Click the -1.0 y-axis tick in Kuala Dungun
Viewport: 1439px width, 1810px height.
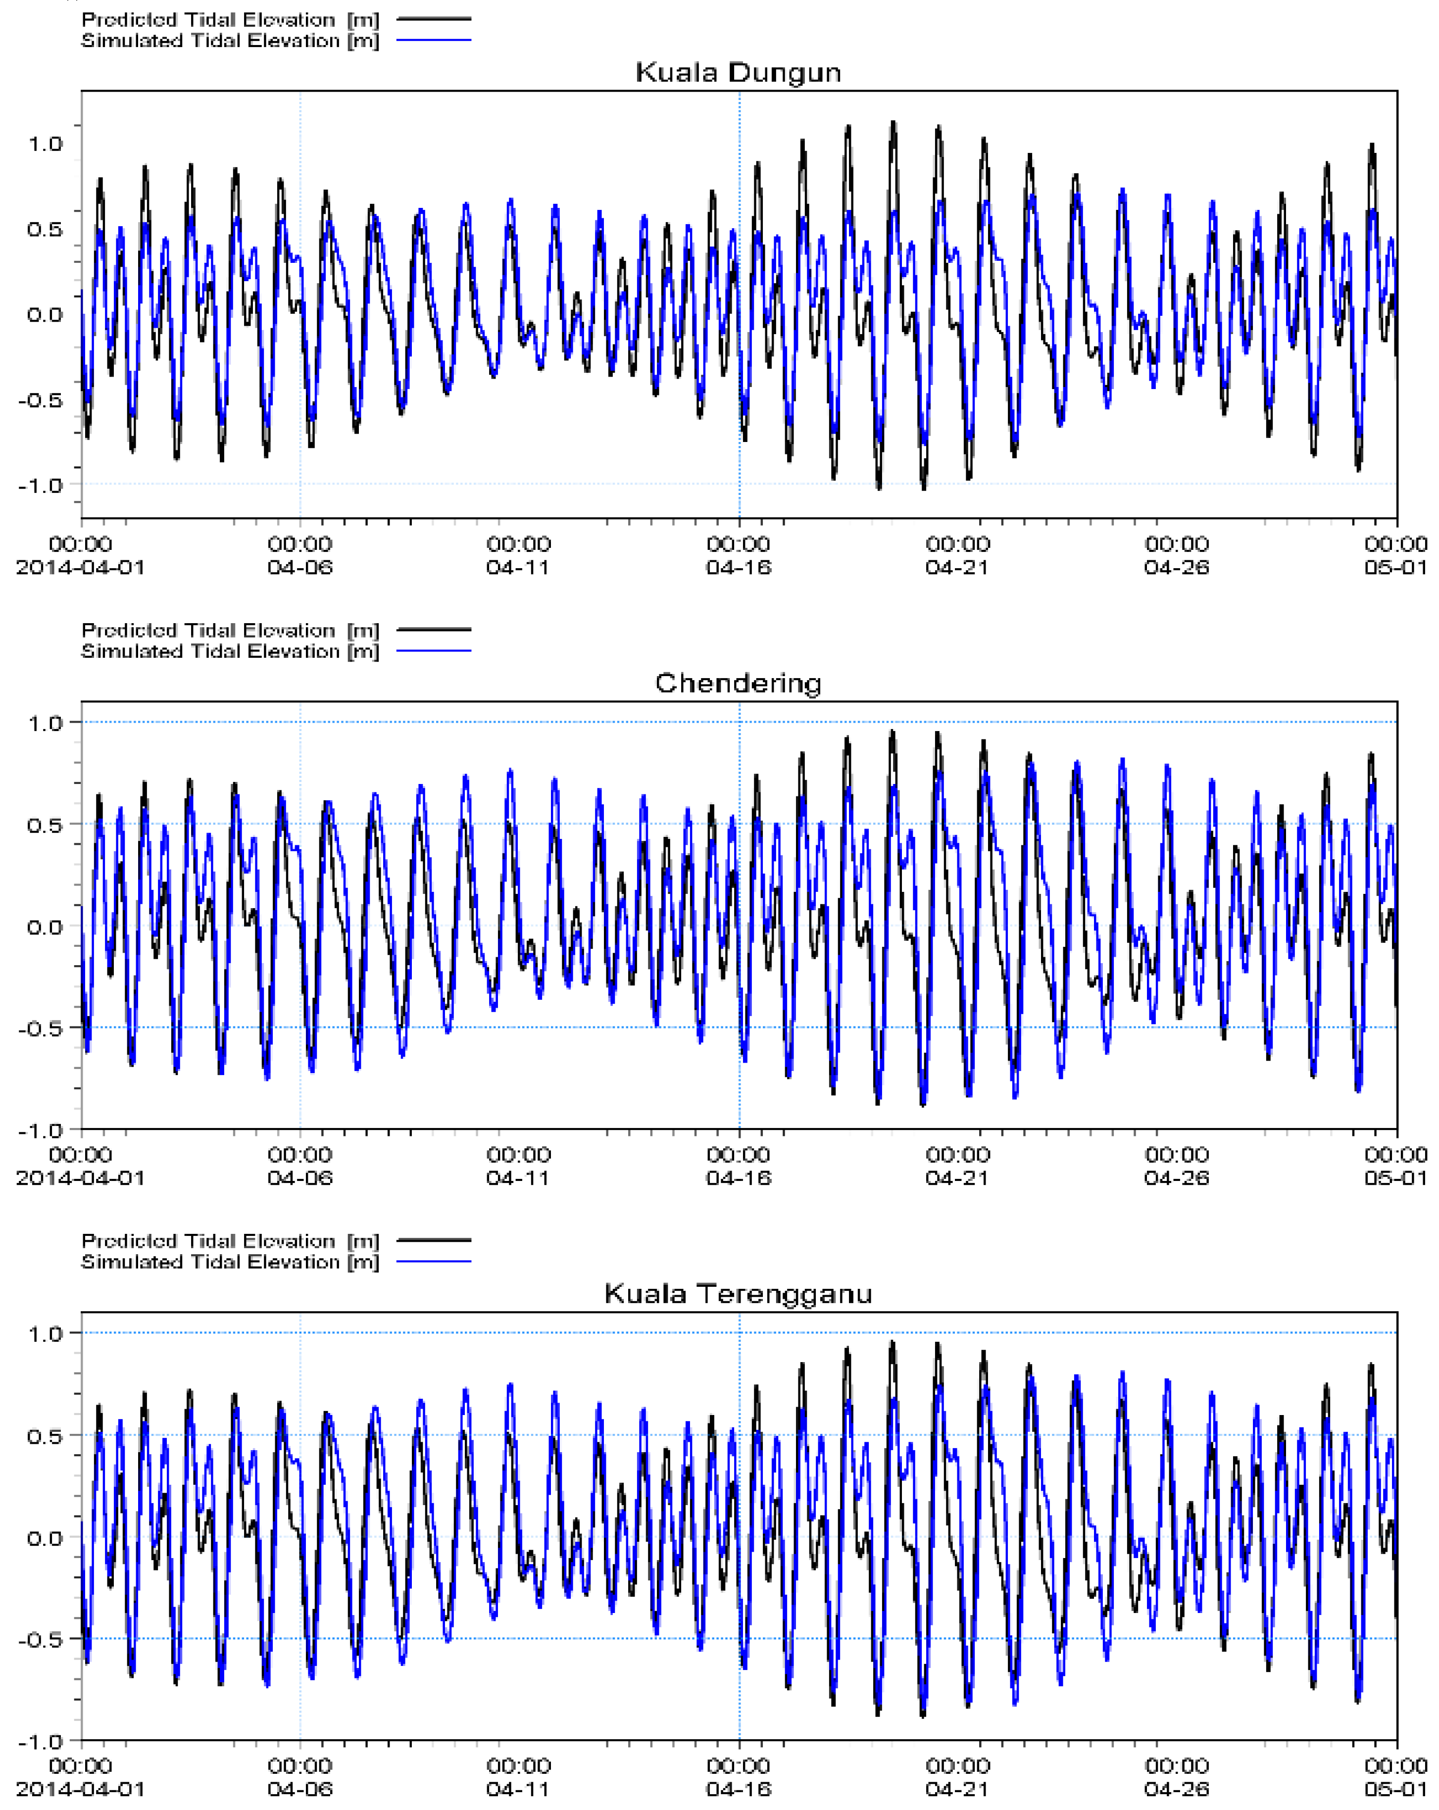pos(40,485)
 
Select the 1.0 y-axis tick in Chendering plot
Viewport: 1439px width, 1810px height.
pos(46,723)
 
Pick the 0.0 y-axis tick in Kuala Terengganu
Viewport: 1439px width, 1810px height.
pos(46,1537)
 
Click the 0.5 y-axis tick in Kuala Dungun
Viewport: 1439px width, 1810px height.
pos(46,229)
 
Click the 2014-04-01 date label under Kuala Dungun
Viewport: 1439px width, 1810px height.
pos(81,568)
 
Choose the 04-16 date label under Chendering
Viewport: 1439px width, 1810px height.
pos(738,1178)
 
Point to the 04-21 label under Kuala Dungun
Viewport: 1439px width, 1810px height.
pos(957,568)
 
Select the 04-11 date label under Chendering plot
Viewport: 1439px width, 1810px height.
pos(518,1178)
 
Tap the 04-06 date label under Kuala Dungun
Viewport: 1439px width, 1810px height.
pos(299,568)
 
